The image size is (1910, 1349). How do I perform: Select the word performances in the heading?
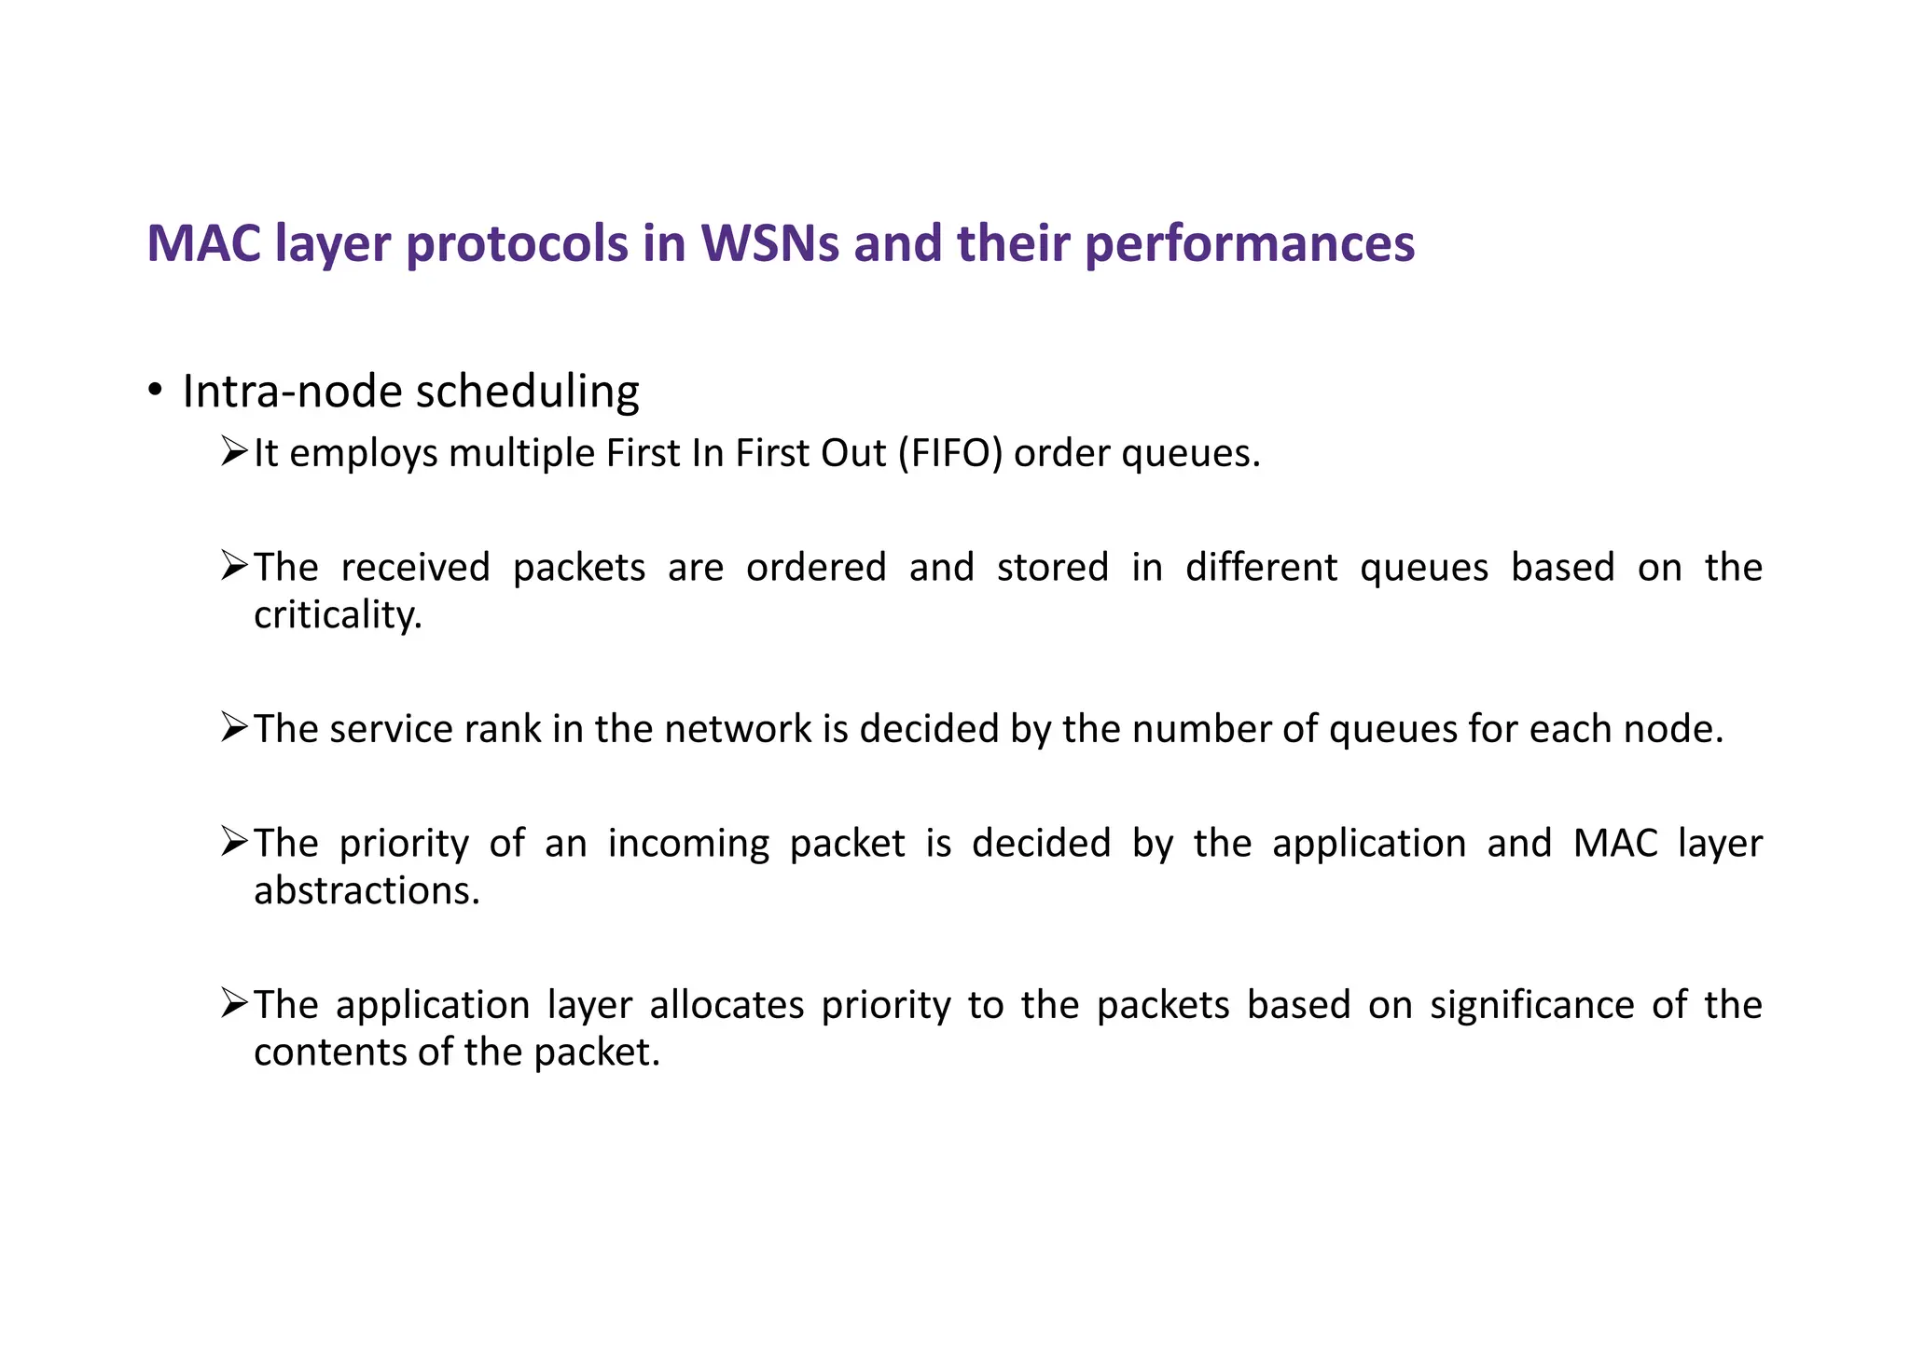pyautogui.click(x=1250, y=245)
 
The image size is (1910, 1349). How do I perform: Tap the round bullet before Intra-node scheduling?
pyautogui.click(x=155, y=390)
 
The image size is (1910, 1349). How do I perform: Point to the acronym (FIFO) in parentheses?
pyautogui.click(x=950, y=454)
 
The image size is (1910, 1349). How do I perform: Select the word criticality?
pyautogui.click(x=338, y=615)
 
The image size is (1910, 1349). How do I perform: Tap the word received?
pyautogui.click(x=415, y=568)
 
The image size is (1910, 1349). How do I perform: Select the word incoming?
pyautogui.click(x=688, y=844)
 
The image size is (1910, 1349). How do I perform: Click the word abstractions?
pyautogui.click(x=367, y=891)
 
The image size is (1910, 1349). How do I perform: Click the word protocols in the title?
pyautogui.click(x=518, y=245)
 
